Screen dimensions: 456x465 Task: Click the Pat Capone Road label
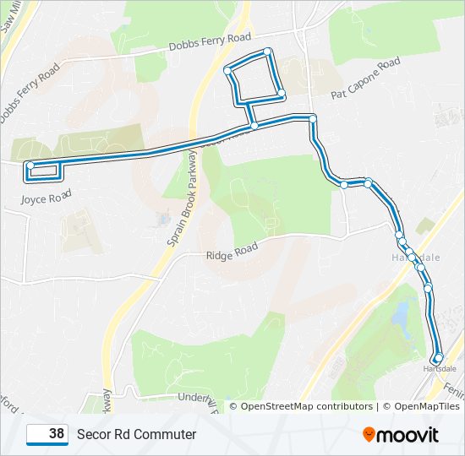pos(365,79)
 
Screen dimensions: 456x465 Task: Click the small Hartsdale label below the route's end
pos(439,369)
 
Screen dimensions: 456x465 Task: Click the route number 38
pos(57,434)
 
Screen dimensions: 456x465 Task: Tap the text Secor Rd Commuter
pos(136,434)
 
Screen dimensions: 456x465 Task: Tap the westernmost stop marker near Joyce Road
pos(30,166)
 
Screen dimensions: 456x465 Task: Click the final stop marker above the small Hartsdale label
pos(438,357)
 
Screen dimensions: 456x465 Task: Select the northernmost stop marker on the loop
pos(267,52)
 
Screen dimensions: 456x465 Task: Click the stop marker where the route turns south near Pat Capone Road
pos(313,118)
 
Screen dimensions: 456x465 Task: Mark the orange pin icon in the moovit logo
pos(369,434)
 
